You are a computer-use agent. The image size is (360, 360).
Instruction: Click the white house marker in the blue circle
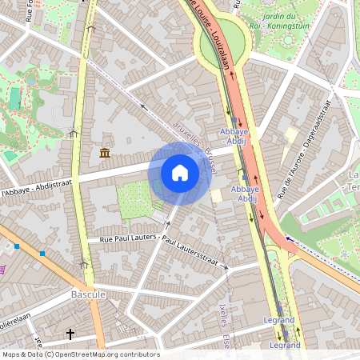(x=180, y=173)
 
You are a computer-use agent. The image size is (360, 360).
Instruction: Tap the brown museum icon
(x=105, y=153)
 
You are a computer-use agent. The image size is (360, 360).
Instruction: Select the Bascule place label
(x=89, y=295)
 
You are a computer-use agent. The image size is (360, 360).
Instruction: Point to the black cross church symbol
(x=70, y=334)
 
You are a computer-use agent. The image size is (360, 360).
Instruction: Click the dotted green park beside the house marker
(x=134, y=200)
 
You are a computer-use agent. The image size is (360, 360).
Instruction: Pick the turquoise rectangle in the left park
(x=14, y=98)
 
